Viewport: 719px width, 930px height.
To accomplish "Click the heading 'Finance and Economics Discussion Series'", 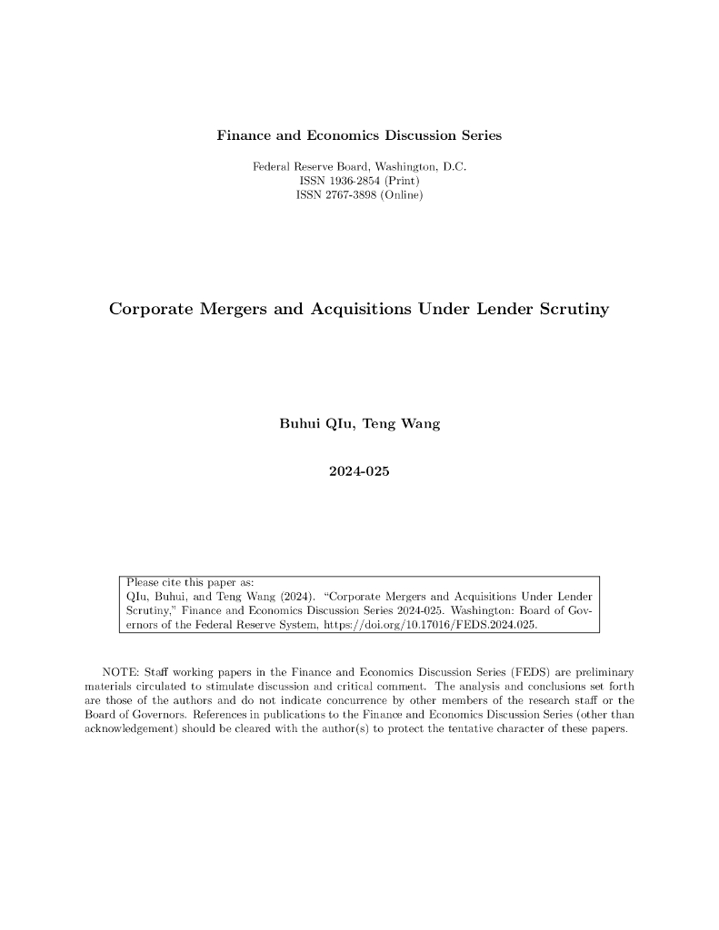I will (359, 136).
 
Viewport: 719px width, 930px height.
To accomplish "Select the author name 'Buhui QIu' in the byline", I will (315, 424).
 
